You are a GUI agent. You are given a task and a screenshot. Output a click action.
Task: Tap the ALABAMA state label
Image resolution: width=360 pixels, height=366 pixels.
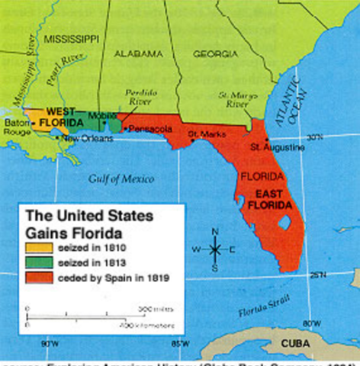click(x=138, y=54)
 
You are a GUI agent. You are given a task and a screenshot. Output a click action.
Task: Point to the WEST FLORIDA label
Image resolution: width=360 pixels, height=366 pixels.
click(x=58, y=116)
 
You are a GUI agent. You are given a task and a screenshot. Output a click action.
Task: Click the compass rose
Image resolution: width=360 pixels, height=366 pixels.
click(x=216, y=249)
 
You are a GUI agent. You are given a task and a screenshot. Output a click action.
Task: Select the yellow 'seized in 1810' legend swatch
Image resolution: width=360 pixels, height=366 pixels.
click(x=40, y=248)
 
